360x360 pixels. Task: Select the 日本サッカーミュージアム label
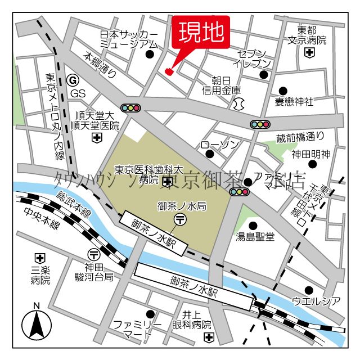pos(128,39)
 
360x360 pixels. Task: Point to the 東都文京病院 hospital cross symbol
pos(309,53)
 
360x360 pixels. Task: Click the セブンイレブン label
pos(255,58)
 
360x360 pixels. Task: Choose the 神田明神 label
pos(310,153)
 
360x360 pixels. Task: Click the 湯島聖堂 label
pos(255,237)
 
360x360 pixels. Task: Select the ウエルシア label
pos(316,301)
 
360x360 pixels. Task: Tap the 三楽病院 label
pos(39,274)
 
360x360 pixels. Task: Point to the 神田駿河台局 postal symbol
pos(93,254)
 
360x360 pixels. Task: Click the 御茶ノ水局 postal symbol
pos(181,219)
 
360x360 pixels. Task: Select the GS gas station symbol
pos(71,80)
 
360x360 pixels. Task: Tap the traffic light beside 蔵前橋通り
pos(260,124)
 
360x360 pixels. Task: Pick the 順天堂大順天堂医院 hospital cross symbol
pos(97,137)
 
